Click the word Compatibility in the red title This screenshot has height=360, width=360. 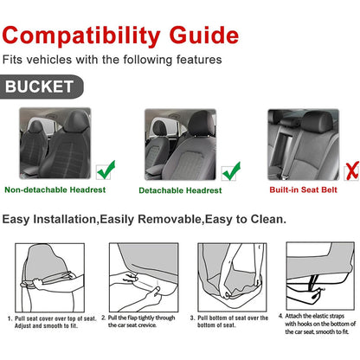pyautogui.click(x=81, y=36)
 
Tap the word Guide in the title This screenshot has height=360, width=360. pyautogui.click(x=204, y=35)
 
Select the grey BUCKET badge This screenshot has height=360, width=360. pyautogui.click(x=42, y=87)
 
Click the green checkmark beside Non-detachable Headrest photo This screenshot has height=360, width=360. pyautogui.click(x=106, y=170)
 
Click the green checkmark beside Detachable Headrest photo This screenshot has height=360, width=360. pyautogui.click(x=231, y=171)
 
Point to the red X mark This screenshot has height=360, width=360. pyautogui.click(x=351, y=171)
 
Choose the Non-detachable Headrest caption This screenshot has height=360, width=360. pyautogui.click(x=55, y=190)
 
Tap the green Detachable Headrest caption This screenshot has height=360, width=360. pyautogui.click(x=180, y=190)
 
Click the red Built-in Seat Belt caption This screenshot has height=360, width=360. pyautogui.click(x=303, y=190)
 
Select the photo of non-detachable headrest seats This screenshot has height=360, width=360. pyautogui.click(x=55, y=143)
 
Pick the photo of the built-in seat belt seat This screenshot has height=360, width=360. pyautogui.click(x=303, y=145)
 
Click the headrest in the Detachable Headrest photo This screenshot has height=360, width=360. pyautogui.click(x=202, y=123)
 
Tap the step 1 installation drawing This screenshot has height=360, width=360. pyautogui.click(x=50, y=278)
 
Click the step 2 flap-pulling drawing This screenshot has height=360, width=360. pyautogui.click(x=144, y=277)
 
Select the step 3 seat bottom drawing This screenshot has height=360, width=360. pyautogui.click(x=232, y=277)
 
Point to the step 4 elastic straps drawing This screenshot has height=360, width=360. pyautogui.click(x=320, y=276)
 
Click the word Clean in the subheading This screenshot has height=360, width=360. pyautogui.click(x=268, y=219)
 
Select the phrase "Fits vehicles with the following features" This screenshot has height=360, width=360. pyautogui.click(x=112, y=60)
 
